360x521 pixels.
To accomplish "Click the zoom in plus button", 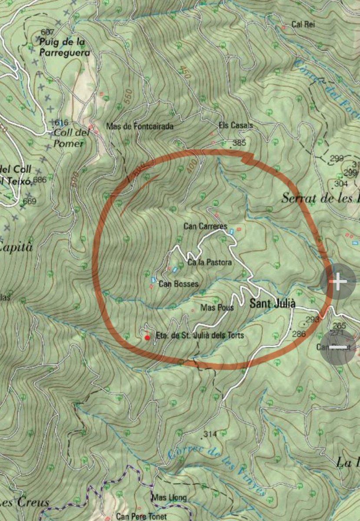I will [x=338, y=282].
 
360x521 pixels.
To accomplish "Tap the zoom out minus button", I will [x=338, y=347].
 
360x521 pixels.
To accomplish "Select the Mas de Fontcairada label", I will [x=140, y=126].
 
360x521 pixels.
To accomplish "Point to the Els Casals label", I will [x=236, y=125].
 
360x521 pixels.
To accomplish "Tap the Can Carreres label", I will [x=205, y=226].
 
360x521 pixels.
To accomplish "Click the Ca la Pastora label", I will [x=210, y=262].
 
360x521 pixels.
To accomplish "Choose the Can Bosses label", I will [x=178, y=284].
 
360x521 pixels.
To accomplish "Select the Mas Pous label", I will [x=217, y=307].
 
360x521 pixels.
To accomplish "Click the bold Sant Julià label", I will [x=273, y=304].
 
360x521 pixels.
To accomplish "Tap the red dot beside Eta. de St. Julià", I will [x=147, y=337].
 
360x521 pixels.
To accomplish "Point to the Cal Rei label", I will [x=303, y=24].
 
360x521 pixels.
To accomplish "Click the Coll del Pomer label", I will [x=72, y=138].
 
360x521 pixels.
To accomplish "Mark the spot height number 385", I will [x=239, y=143].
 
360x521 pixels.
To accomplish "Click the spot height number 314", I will [x=210, y=434].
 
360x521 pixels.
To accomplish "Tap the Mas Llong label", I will [x=169, y=498].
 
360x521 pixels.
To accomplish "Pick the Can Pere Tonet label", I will [x=142, y=517].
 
